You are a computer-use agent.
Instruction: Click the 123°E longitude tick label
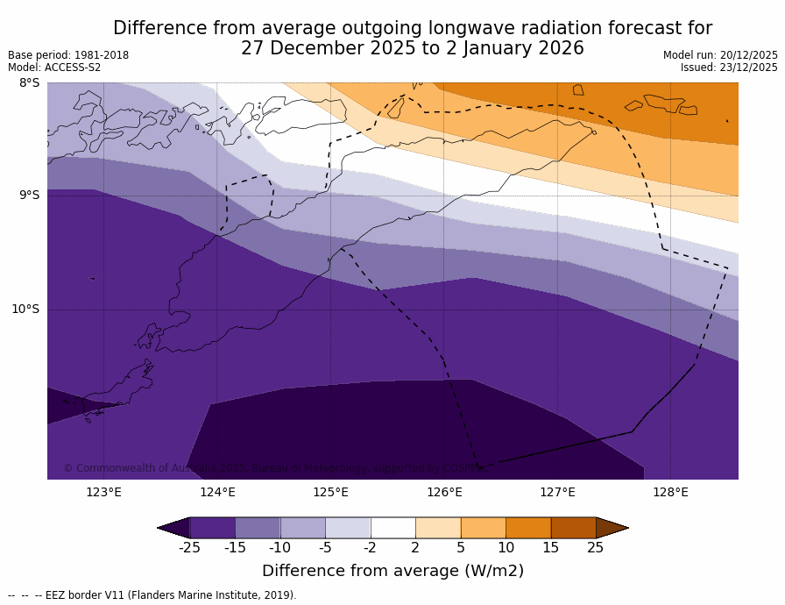point(103,492)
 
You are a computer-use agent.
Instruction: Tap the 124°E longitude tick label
point(217,492)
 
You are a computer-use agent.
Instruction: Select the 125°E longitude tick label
point(330,492)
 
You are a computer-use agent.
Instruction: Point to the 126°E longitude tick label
point(444,492)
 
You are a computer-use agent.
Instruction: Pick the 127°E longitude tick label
point(557,492)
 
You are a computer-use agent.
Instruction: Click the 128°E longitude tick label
point(670,492)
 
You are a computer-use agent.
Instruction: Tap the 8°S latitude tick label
point(29,83)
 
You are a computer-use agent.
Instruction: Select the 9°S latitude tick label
point(29,196)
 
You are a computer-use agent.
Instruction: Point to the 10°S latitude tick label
point(25,309)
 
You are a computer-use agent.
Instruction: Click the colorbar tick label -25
point(189,548)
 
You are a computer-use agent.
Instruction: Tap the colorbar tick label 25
point(596,548)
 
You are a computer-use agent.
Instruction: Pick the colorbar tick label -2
point(371,548)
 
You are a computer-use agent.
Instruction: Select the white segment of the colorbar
point(392,528)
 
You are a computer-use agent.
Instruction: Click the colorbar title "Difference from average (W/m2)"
point(392,571)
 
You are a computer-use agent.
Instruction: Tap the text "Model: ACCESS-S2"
point(54,68)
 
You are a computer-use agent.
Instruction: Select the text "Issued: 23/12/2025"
point(729,68)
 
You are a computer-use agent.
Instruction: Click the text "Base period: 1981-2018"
point(68,55)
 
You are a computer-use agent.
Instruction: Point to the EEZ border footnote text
point(152,595)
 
